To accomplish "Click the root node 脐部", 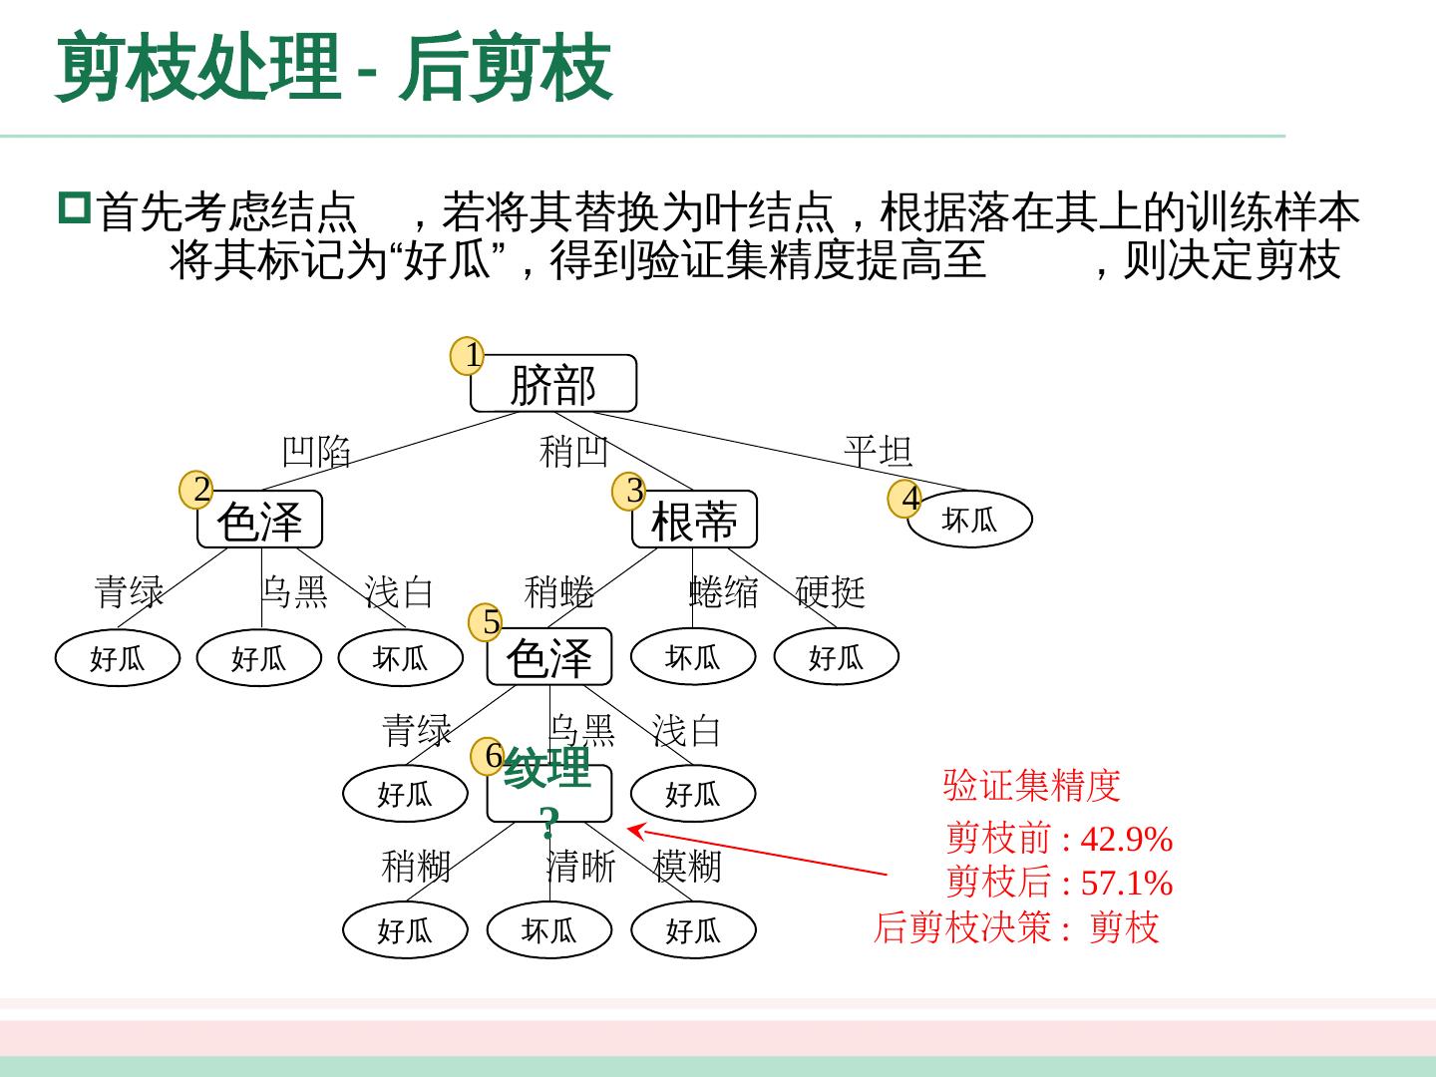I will (552, 384).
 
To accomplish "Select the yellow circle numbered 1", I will (468, 355).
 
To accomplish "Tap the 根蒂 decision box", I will (694, 520).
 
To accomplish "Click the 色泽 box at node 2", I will (259, 520).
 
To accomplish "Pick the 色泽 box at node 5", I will (548, 657).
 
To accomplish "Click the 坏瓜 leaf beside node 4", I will (969, 520).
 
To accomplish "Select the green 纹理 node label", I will (547, 769).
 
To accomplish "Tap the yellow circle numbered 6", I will (488, 757).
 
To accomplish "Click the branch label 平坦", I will (878, 452).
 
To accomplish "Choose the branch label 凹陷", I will (316, 452).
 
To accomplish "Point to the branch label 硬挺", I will (830, 591).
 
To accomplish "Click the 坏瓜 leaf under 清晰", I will (548, 930).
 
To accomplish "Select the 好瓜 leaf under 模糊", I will (693, 930).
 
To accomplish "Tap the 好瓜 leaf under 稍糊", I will (405, 930).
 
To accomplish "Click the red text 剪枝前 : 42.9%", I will (1059, 838).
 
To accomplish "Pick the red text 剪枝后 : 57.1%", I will (1059, 883).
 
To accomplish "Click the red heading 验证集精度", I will (1032, 786).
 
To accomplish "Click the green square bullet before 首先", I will (75, 207).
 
